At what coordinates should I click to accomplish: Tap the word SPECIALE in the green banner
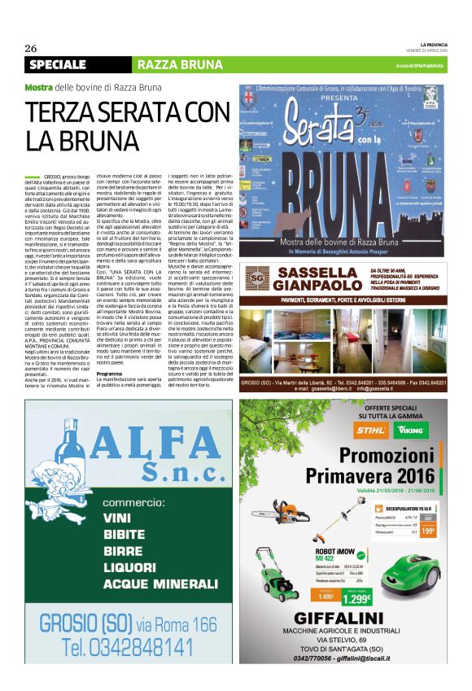coord(58,64)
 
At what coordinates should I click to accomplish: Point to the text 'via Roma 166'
coord(177,624)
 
